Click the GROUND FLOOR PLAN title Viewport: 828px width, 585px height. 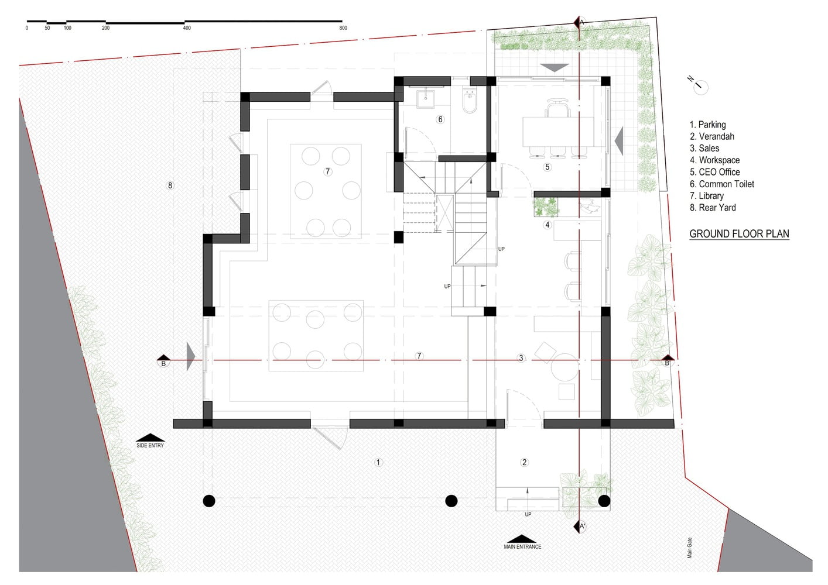[x=739, y=233]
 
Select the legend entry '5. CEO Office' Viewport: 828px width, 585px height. [x=714, y=172]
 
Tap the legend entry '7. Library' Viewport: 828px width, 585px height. [x=706, y=196]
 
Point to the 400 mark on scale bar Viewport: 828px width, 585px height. [x=187, y=27]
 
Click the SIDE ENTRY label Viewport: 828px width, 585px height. [x=150, y=445]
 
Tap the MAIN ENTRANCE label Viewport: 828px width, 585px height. [x=522, y=546]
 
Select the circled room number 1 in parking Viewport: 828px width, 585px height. [x=378, y=462]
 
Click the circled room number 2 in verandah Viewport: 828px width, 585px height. [x=524, y=462]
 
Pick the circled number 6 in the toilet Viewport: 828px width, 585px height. [x=440, y=119]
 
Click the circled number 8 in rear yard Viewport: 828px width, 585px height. [x=170, y=185]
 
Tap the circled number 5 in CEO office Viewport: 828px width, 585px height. [x=548, y=167]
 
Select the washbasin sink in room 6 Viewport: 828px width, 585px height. [x=426, y=98]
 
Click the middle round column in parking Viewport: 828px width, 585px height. [x=451, y=501]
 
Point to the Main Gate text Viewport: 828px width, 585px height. [x=690, y=548]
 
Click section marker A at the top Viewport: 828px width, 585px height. [x=579, y=22]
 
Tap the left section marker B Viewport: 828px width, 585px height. [x=163, y=362]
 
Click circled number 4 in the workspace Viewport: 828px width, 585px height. [x=548, y=225]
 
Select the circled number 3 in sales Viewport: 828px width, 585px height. [x=521, y=358]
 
